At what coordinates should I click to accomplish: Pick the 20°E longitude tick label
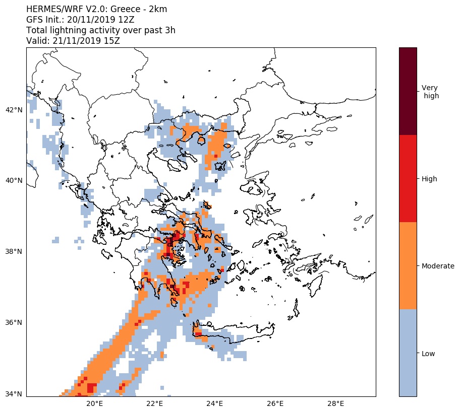[94, 404]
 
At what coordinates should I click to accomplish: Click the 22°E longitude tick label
[154, 404]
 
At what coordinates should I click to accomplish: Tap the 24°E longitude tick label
[215, 404]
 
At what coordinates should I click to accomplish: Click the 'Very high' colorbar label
[430, 92]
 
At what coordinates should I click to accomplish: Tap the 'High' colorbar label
[429, 179]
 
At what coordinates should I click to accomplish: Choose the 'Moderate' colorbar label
[438, 266]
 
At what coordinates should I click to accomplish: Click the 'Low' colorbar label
[428, 354]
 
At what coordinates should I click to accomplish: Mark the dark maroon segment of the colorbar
[408, 91]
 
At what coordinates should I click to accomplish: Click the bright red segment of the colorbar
[408, 178]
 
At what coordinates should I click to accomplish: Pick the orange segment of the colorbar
[408, 265]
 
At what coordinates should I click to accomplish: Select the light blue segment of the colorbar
[408, 353]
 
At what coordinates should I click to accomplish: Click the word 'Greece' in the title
[125, 10]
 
